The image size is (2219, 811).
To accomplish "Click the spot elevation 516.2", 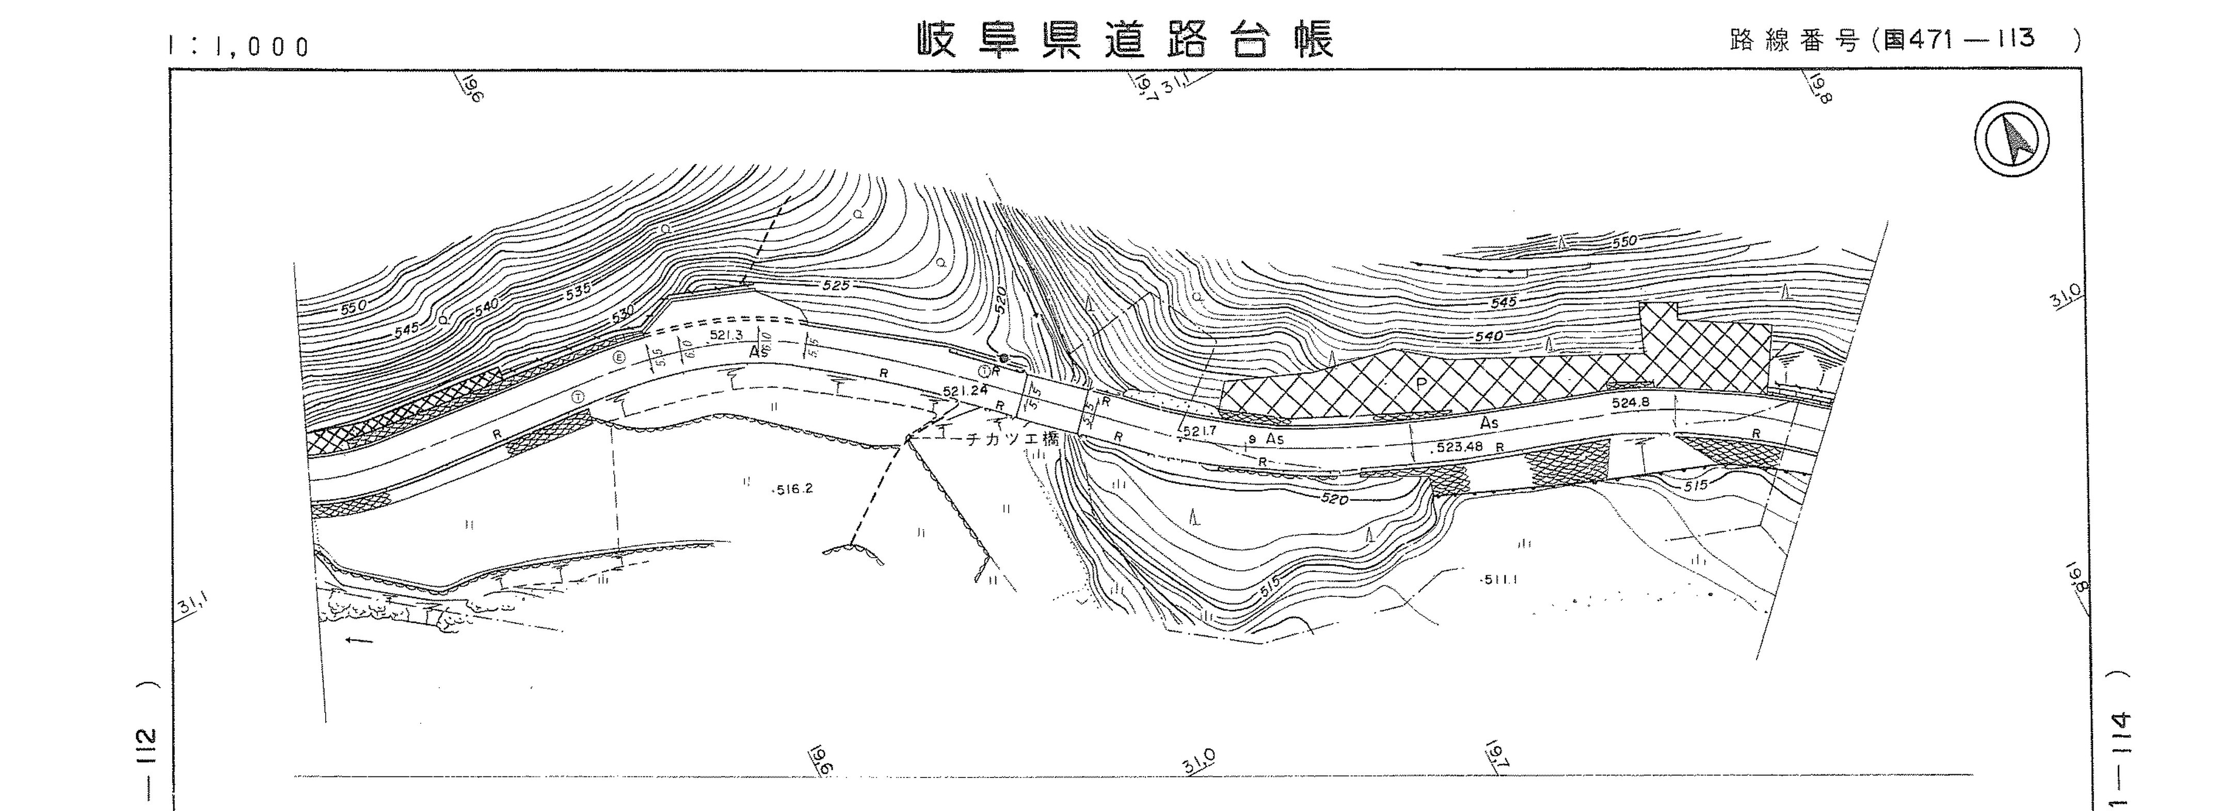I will pyautogui.click(x=792, y=489).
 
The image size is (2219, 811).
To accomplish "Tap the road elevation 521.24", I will pyautogui.click(x=965, y=391).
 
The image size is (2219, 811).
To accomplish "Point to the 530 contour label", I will pyautogui.click(x=622, y=315).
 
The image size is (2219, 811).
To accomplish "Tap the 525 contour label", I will pyautogui.click(x=836, y=285).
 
